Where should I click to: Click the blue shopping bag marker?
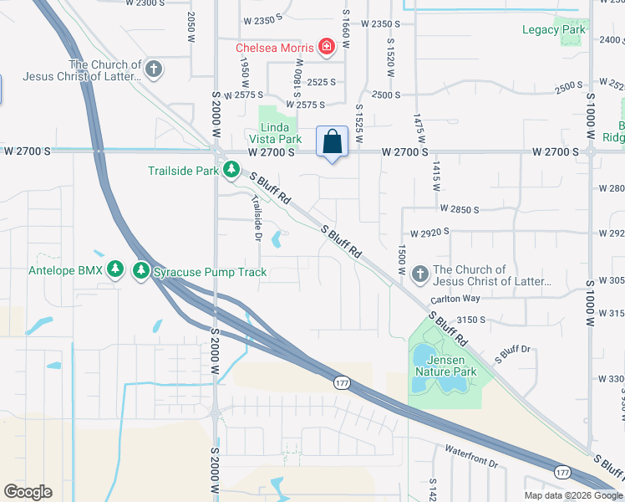coord(332,141)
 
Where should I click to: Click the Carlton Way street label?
coord(455,299)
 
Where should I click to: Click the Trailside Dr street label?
coord(257,218)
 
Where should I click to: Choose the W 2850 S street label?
coord(456,209)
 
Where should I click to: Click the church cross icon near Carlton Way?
coord(419,273)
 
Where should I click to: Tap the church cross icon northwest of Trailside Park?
coord(153,69)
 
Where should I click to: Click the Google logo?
coord(28,492)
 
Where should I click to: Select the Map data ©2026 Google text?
coord(572,495)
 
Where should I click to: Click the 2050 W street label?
coord(191,21)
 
